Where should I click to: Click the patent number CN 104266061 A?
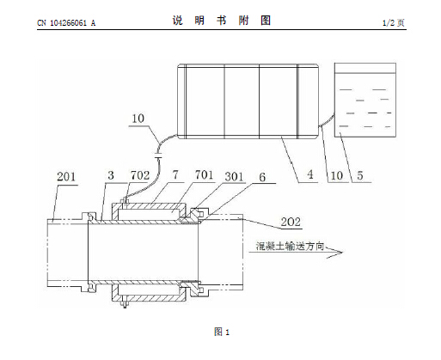point(66,23)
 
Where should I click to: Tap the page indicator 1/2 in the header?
point(389,23)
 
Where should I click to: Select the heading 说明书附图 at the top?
point(222,21)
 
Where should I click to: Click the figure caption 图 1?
point(222,332)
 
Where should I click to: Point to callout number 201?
point(66,176)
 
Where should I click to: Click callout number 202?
point(291,222)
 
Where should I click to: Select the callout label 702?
point(140,175)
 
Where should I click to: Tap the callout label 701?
point(204,174)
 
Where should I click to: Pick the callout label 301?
point(234,177)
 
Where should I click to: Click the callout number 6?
point(262,177)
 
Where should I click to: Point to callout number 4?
point(310,174)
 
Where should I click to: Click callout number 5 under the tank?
point(360,175)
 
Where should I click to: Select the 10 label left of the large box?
point(138,119)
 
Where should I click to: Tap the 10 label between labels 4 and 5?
point(337,175)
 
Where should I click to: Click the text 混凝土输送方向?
point(290,246)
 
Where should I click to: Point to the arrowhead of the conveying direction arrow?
point(342,253)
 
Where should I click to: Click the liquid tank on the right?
point(365,101)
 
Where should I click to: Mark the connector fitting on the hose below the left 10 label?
point(158,156)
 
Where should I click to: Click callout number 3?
point(111,175)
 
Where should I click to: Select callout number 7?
point(175,174)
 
